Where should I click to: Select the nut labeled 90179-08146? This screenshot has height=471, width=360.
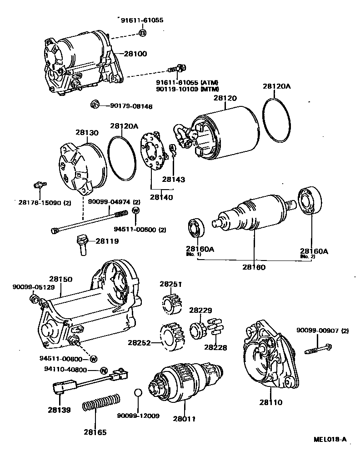click(x=95, y=105)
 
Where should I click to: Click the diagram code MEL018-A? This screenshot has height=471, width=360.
click(x=330, y=439)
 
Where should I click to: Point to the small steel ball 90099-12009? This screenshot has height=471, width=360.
click(x=139, y=393)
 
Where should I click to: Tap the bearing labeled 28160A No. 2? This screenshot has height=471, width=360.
click(x=310, y=200)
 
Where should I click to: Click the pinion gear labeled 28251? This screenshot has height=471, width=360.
click(x=171, y=303)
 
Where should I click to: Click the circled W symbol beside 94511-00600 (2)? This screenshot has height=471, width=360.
click(x=135, y=210)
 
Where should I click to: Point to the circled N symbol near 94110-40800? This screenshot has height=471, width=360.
click(x=103, y=370)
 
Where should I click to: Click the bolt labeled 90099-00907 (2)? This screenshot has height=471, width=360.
click(x=317, y=351)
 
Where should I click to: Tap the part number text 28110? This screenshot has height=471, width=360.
click(x=271, y=402)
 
